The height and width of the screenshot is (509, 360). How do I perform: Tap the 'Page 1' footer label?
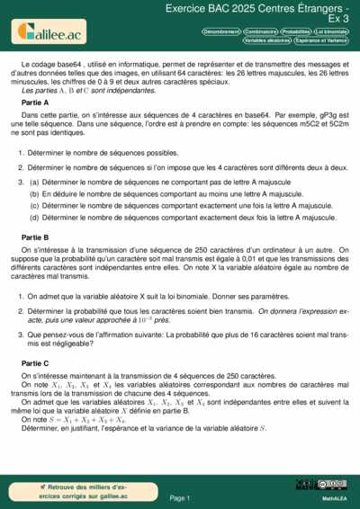tap(180, 497)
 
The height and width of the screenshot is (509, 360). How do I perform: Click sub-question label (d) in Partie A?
tap(34, 217)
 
